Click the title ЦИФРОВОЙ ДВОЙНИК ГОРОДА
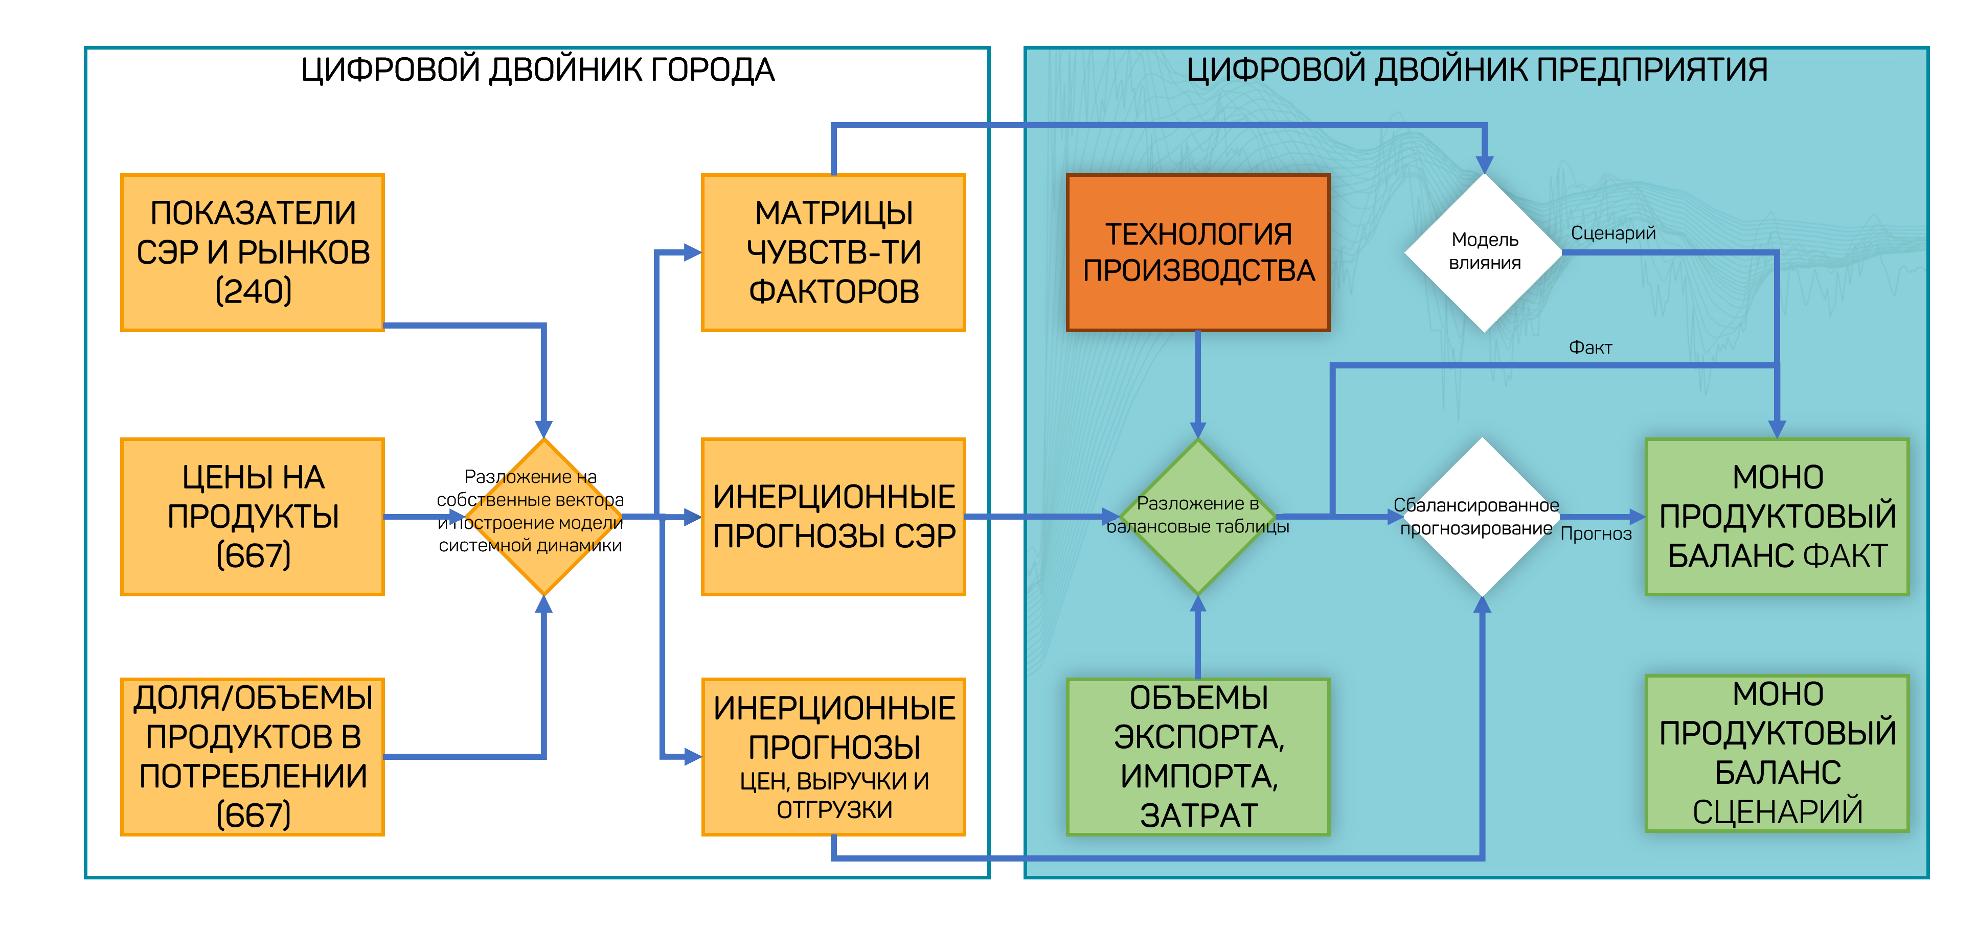(x=537, y=71)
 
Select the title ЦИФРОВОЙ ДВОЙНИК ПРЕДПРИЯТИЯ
(x=1476, y=71)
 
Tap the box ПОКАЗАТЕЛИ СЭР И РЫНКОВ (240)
(x=253, y=252)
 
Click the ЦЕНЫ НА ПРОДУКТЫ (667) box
(x=253, y=517)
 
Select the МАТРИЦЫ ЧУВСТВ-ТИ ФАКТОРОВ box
(x=833, y=252)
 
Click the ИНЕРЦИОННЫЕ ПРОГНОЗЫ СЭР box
(x=833, y=517)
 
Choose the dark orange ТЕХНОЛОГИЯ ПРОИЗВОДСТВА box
(x=1198, y=252)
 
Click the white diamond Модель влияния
(x=1484, y=252)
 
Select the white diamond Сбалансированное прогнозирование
(x=1481, y=517)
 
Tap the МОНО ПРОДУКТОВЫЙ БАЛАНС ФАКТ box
(x=1777, y=517)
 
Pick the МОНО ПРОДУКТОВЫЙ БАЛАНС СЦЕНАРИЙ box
(x=1777, y=753)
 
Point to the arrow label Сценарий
(x=1612, y=234)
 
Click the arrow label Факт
(x=1589, y=347)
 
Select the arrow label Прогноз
(x=1596, y=534)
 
